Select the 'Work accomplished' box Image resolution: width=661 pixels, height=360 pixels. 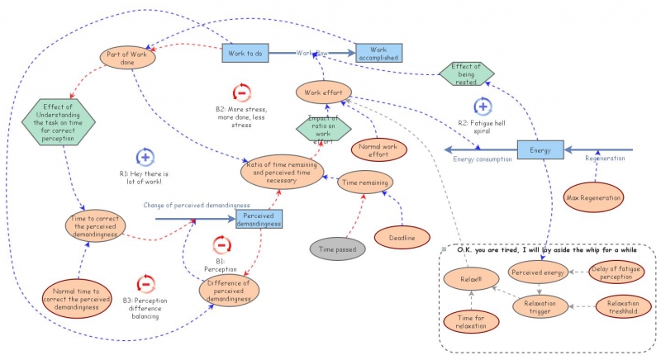click(379, 53)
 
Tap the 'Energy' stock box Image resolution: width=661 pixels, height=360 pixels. click(540, 150)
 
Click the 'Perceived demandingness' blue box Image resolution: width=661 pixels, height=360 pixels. click(260, 219)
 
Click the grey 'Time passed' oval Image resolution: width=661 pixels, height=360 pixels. click(339, 249)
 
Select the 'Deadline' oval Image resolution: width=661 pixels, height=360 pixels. click(402, 238)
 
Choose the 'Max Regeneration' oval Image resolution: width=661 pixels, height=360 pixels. click(591, 197)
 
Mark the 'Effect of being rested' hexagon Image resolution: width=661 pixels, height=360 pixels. click(467, 73)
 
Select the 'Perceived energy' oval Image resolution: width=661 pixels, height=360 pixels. click(538, 272)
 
